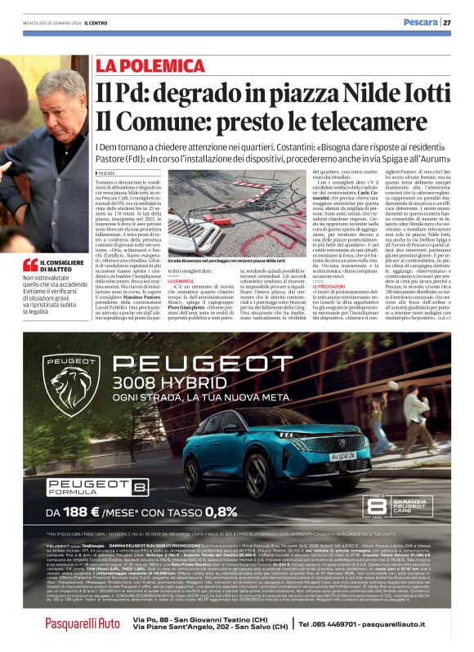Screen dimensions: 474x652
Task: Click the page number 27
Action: [x=447, y=23]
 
